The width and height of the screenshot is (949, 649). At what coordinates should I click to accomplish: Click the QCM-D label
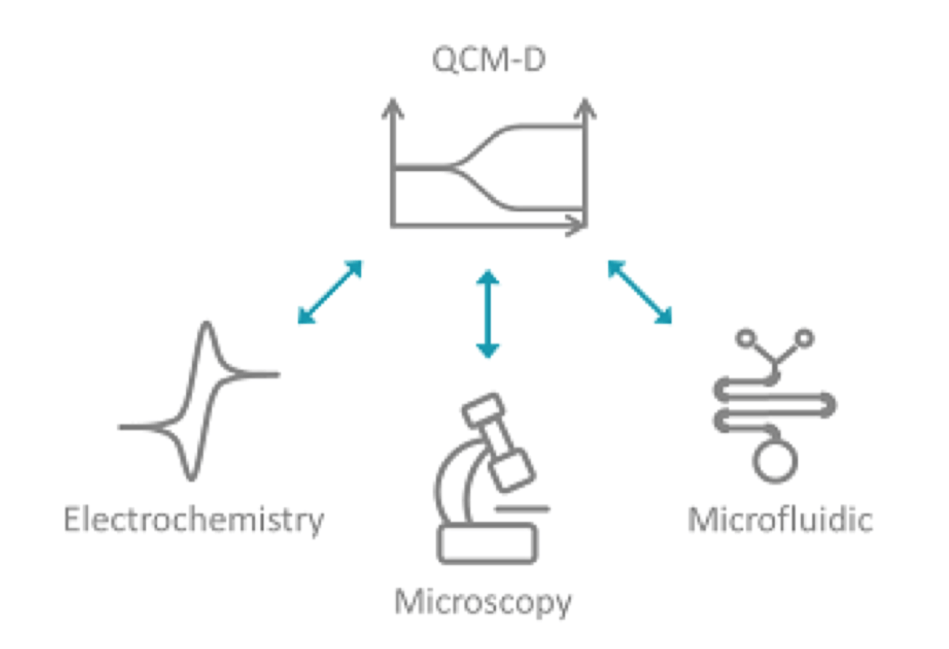(488, 60)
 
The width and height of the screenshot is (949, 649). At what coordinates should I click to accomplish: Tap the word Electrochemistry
(193, 520)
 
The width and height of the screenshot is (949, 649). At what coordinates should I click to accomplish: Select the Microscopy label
(483, 602)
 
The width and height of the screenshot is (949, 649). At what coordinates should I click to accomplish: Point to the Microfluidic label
(780, 520)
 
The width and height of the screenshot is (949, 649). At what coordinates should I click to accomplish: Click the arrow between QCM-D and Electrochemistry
(330, 292)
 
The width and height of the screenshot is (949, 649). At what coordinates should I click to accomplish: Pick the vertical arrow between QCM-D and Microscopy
(488, 313)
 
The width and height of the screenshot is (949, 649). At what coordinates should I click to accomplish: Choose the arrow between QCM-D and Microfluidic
(640, 292)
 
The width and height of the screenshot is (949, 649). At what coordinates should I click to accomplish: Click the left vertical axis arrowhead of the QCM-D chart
(393, 108)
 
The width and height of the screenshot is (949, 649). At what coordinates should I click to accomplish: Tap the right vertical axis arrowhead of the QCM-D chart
(585, 108)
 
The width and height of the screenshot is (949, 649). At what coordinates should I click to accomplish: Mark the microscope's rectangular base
(487, 544)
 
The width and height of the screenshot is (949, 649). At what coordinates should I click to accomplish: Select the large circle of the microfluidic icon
(775, 461)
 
